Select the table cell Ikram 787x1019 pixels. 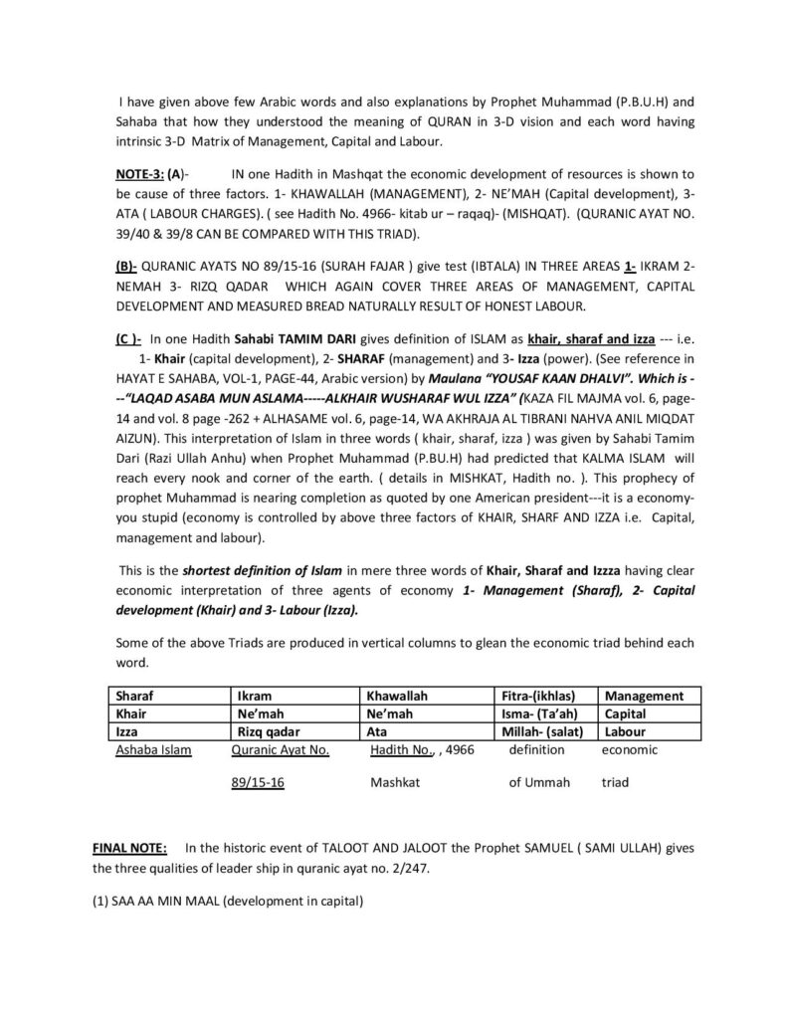pos(250,697)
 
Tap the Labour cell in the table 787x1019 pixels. pos(625,731)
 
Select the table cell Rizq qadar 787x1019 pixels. pos(263,731)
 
